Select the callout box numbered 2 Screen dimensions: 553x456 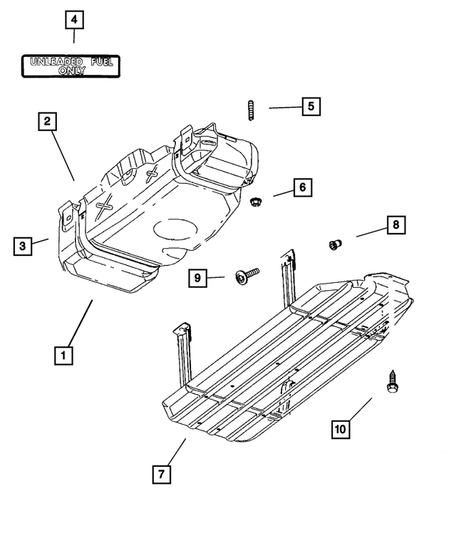47,121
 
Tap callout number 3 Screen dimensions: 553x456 23,246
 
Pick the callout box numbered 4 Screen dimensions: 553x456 74,20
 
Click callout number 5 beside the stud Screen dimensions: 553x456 311,107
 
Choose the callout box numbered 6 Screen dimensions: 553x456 301,187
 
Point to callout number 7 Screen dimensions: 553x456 162,474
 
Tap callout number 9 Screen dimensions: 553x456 199,278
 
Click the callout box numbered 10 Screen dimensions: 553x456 341,428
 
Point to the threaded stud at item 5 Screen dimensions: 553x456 252,111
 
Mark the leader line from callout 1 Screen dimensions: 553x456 81,322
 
